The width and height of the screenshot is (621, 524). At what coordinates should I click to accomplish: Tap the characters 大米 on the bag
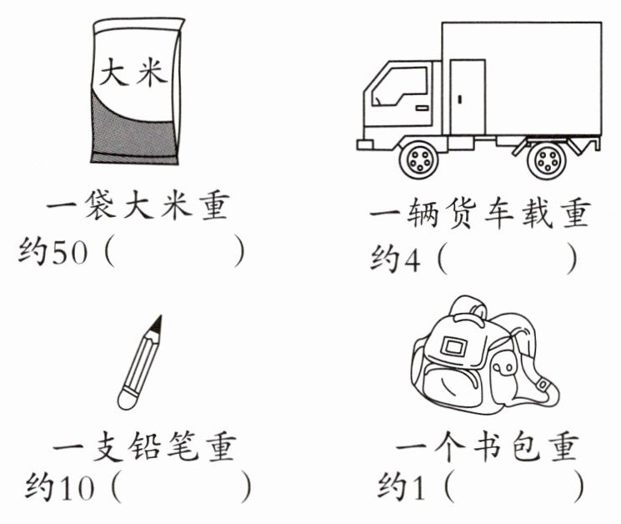[x=133, y=71]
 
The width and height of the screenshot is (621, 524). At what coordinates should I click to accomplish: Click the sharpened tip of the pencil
[x=158, y=322]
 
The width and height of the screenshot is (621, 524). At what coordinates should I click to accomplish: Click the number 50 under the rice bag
[x=69, y=253]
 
